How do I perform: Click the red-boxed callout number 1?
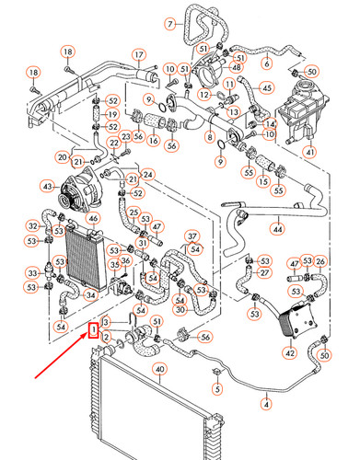93,330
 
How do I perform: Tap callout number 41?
309,151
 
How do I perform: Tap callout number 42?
289,351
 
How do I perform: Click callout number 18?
32,73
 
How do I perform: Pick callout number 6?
266,63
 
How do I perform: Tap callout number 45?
266,88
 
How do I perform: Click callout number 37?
193,236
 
